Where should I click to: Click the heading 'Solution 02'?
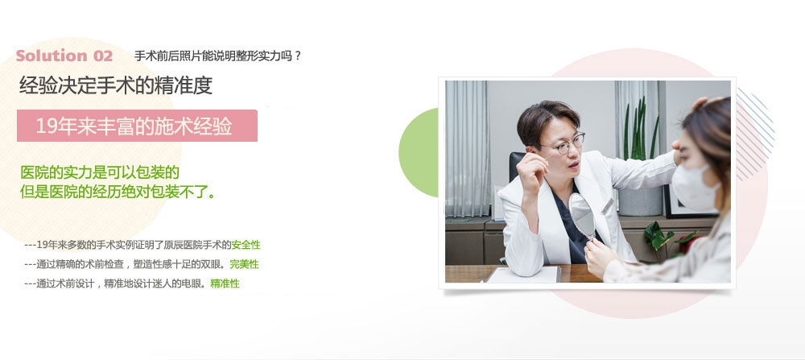pos(64,56)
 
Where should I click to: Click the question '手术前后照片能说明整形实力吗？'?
pos(217,56)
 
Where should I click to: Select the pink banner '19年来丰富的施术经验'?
pos(137,126)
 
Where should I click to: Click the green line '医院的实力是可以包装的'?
pos(99,173)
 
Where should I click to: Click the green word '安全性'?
pos(246,245)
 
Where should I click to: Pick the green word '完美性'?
pos(244,264)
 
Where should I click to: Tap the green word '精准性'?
pos(225,283)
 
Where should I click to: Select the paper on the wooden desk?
pos(523,275)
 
